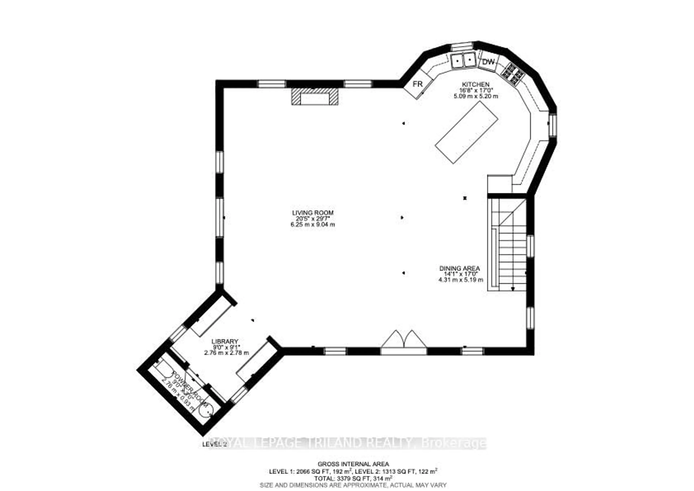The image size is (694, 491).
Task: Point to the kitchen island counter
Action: point(467,132)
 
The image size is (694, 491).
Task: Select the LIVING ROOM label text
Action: point(312,213)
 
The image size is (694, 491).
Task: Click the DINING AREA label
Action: point(459,268)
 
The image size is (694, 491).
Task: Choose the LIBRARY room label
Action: point(225,341)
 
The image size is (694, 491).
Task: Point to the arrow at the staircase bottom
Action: point(513,288)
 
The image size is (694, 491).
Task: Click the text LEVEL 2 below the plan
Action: point(214,444)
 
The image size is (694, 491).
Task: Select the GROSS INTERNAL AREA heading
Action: point(353,464)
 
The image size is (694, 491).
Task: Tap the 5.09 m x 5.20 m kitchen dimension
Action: point(475,96)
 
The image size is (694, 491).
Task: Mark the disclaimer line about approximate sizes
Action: point(353,485)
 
